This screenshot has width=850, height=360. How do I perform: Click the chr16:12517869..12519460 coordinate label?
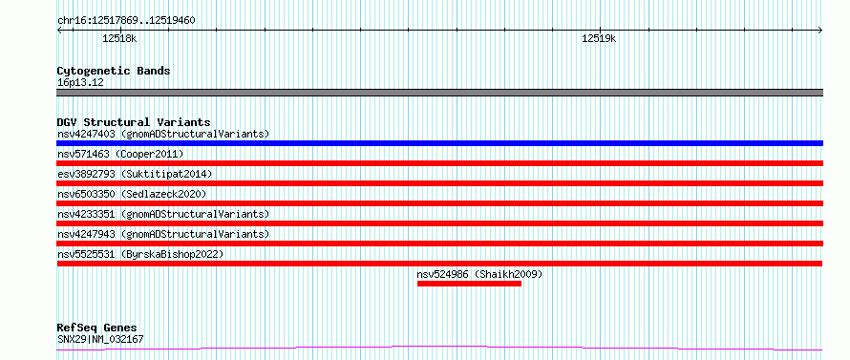[126, 21]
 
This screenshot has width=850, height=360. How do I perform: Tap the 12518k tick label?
[119, 38]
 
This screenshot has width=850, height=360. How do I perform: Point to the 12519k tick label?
[599, 38]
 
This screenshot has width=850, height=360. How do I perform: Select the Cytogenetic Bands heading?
[114, 71]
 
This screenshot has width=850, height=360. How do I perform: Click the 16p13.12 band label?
[80, 83]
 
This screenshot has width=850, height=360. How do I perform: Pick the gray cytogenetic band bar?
[439, 93]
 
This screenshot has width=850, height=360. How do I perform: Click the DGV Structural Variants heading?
[134, 122]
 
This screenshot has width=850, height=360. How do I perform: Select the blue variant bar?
[439, 143]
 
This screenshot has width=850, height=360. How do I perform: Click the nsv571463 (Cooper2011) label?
[120, 154]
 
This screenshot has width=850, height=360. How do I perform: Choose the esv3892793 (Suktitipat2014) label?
[135, 174]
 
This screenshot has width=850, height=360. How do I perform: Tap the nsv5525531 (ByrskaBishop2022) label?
[140, 254]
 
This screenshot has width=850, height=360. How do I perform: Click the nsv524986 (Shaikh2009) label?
[479, 274]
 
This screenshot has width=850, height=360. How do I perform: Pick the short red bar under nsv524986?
[469, 284]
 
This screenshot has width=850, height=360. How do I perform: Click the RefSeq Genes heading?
[96, 328]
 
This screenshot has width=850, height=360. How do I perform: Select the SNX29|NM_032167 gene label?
[100, 340]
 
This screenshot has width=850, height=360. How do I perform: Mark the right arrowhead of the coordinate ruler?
[820, 31]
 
